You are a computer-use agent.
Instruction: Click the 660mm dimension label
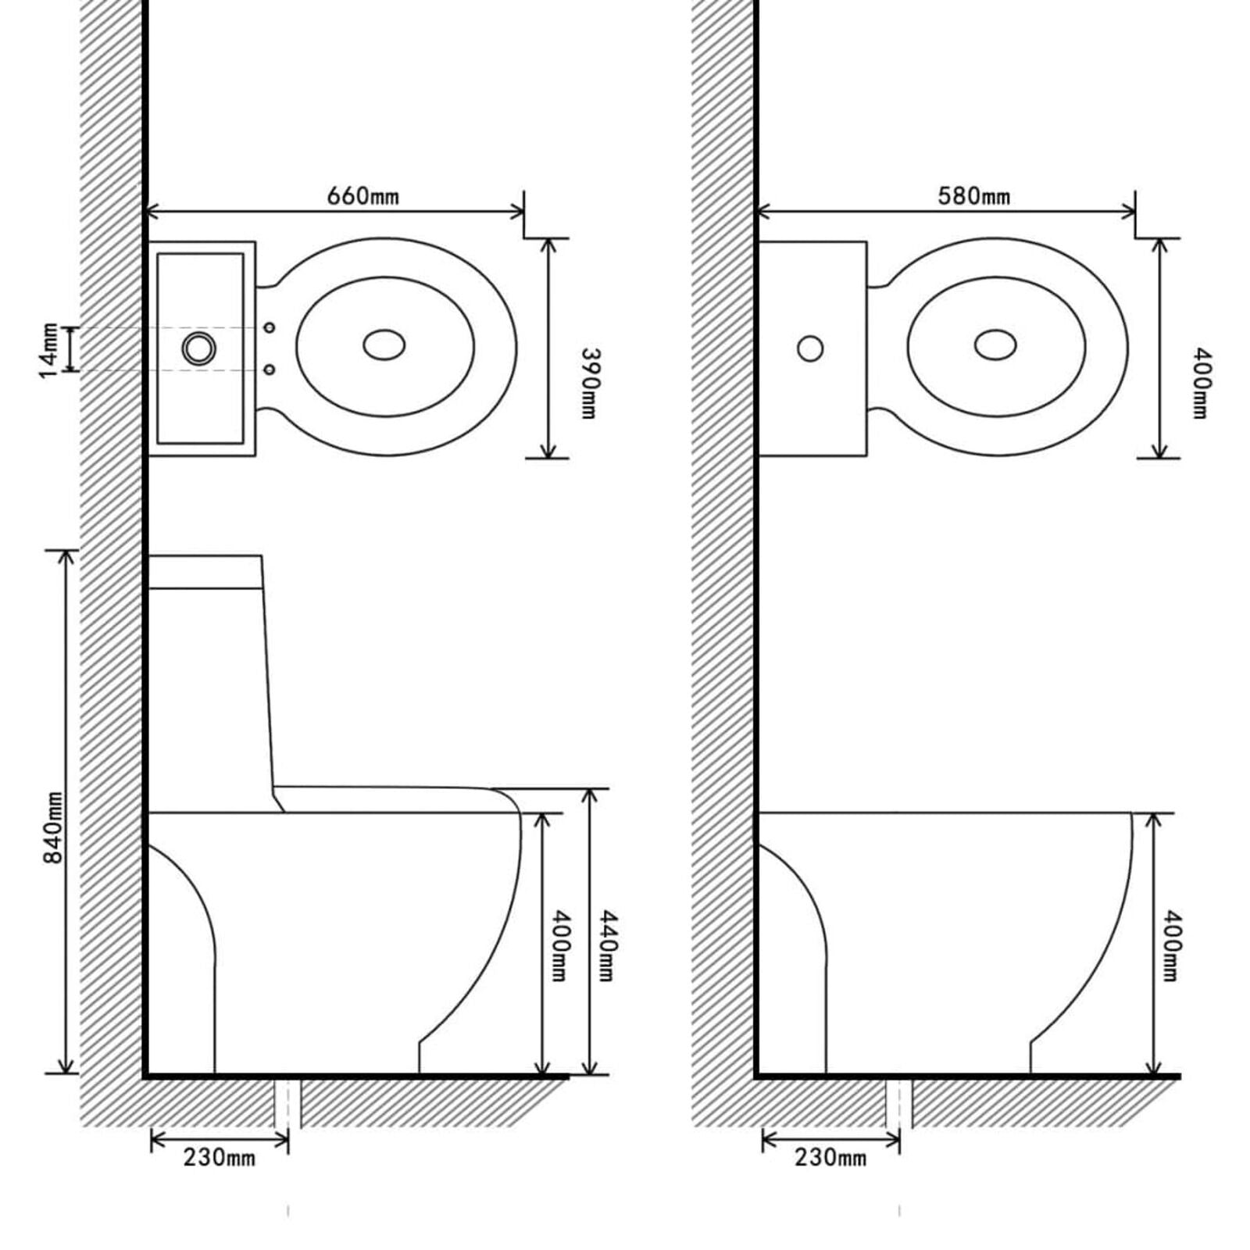point(362,195)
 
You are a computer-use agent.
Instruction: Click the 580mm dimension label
point(973,195)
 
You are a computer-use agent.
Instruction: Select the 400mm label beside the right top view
point(1200,383)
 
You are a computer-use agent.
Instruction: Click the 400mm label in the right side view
point(1172,945)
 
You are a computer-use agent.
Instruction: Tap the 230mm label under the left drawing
point(219,1157)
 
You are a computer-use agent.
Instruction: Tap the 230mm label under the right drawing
point(830,1157)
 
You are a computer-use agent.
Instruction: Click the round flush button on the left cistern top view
point(199,348)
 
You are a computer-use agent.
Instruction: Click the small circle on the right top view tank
point(810,348)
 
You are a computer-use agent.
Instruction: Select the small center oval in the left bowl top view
point(384,345)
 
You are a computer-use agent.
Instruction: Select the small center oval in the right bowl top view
point(995,345)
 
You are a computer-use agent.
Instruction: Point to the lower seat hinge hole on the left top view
point(270,369)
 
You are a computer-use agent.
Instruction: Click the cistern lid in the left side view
point(205,572)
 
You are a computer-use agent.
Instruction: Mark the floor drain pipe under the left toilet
point(287,1103)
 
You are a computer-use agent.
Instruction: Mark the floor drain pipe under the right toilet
point(899,1103)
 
